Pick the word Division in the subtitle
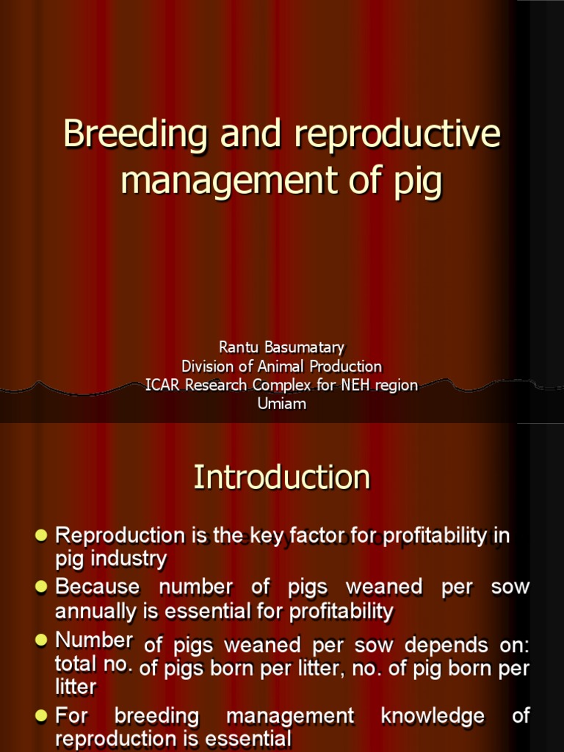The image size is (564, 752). (207, 366)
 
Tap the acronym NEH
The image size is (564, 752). (334, 385)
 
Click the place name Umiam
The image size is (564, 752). (281, 404)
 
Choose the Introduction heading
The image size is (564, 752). (282, 477)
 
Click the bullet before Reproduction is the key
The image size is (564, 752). (41, 534)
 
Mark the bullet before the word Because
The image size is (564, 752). (41, 586)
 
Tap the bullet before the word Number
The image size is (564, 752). (41, 640)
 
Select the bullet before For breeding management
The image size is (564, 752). (41, 715)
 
